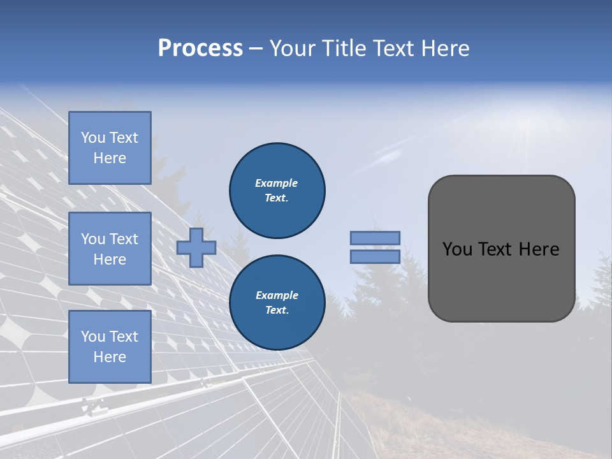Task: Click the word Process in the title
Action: tap(200, 48)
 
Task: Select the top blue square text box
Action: tap(110, 148)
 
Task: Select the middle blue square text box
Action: tap(110, 249)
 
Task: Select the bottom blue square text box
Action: tap(110, 347)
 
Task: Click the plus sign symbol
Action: tap(196, 248)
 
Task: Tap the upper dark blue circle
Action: tap(277, 191)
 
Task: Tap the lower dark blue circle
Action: tap(277, 303)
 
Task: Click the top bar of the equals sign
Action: tap(375, 238)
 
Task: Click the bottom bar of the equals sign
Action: tap(375, 257)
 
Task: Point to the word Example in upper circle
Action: tap(277, 184)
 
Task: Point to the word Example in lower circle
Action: tap(277, 296)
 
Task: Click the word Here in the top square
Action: tap(110, 158)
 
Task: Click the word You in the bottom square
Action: tap(93, 337)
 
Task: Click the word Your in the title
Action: tap(294, 48)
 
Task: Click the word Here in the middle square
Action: tap(110, 259)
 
